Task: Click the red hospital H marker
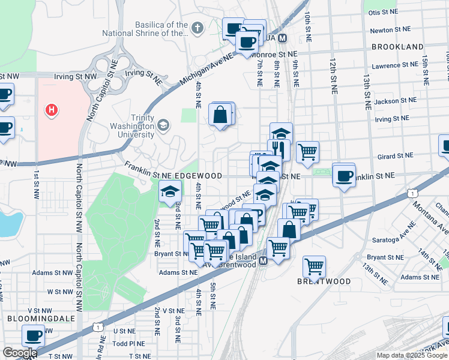coord(52,110)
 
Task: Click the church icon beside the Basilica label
coord(197,28)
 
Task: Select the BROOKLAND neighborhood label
coord(397,47)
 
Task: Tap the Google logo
coord(19,353)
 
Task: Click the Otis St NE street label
coord(383,12)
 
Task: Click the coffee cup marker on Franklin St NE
coord(345,176)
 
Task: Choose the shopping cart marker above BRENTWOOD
coord(315,266)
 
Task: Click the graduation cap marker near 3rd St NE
coord(170,191)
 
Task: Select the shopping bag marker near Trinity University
coord(221,114)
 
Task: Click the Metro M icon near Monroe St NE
coord(282,38)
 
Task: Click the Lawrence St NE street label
coord(394,65)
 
